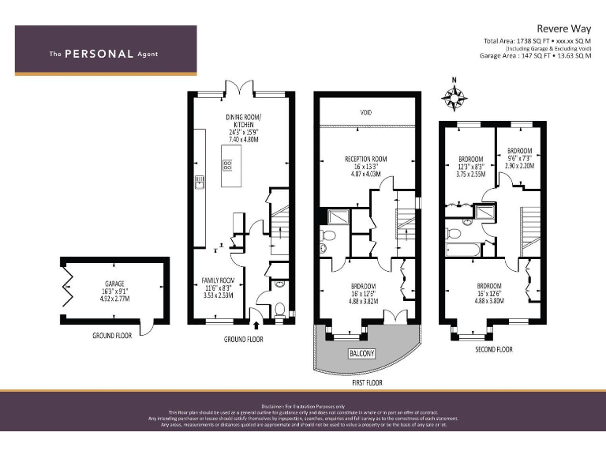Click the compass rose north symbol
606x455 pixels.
point(454,97)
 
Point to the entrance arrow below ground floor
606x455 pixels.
point(256,325)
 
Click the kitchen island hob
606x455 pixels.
point(227,166)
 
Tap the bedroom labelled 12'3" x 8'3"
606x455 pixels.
point(471,167)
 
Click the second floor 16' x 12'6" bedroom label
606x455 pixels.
point(492,293)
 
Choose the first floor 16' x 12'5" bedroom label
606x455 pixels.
point(364,293)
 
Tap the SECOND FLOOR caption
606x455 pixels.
point(493,349)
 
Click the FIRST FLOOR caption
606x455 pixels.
point(364,382)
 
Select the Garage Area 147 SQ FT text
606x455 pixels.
point(535,56)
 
